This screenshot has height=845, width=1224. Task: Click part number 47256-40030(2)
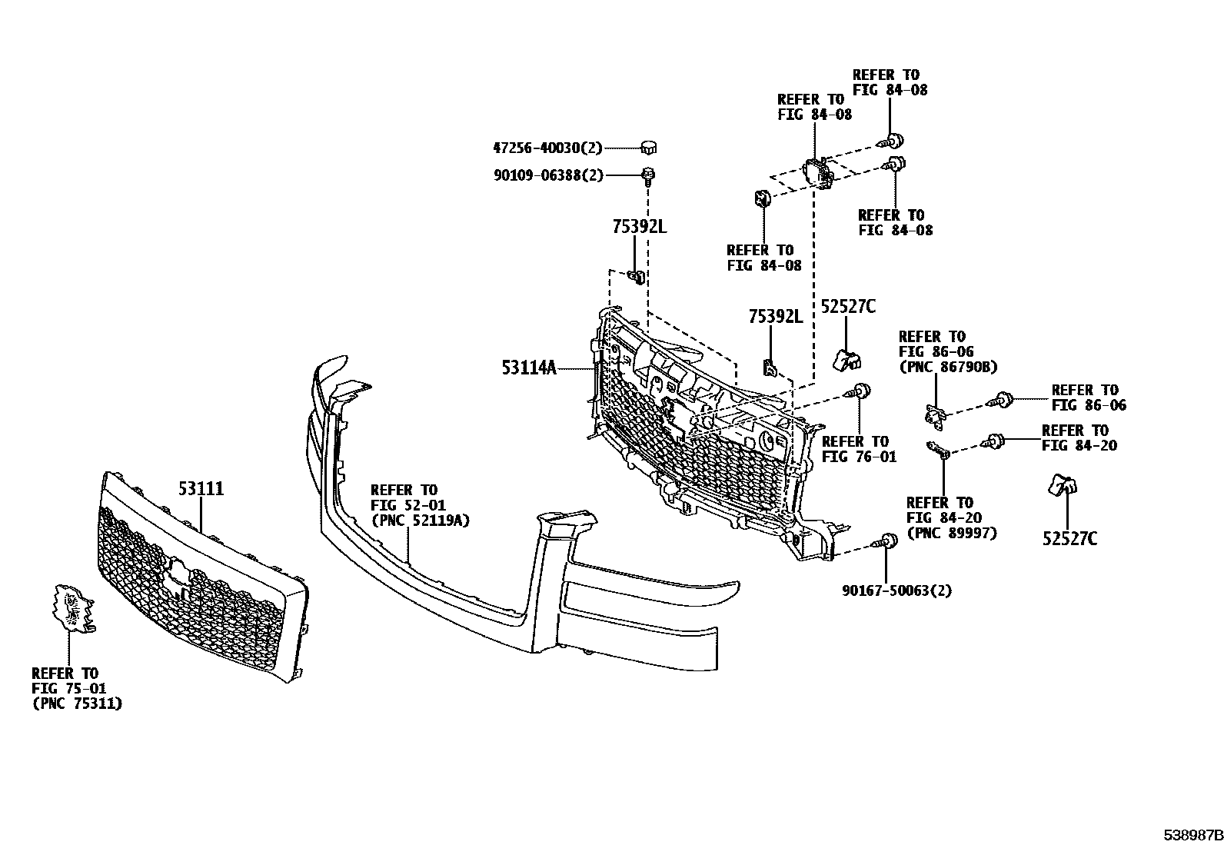(x=547, y=148)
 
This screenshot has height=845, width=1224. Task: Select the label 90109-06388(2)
(x=549, y=175)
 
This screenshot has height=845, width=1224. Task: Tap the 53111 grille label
(x=201, y=488)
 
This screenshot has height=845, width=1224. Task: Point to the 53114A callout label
(x=529, y=368)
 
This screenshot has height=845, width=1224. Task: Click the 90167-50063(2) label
(x=896, y=591)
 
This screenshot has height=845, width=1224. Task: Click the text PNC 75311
(x=77, y=704)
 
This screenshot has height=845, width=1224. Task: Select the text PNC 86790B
(x=948, y=367)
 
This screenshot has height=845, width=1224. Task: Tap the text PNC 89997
(x=952, y=533)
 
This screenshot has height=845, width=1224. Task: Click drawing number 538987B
(x=1192, y=835)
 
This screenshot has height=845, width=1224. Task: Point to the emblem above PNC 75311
(x=73, y=608)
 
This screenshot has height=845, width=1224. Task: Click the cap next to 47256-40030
(x=649, y=147)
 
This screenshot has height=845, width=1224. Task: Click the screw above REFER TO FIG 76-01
(x=858, y=391)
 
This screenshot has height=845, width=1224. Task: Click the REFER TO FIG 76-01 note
(x=859, y=449)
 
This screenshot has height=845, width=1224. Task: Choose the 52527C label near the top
(x=848, y=307)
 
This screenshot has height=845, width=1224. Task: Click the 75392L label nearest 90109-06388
(x=640, y=226)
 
